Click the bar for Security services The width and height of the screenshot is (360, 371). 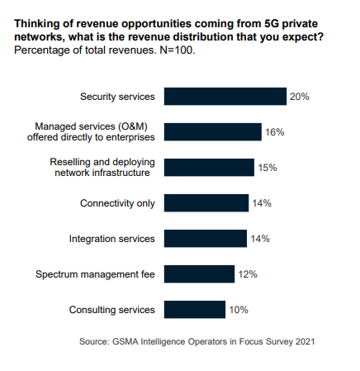(225, 97)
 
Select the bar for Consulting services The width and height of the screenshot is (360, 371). (195, 310)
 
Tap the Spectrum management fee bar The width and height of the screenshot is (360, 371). (200, 274)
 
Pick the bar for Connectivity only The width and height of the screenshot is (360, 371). (206, 203)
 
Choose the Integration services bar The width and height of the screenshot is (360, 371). (206, 239)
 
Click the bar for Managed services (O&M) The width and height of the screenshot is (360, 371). (212, 132)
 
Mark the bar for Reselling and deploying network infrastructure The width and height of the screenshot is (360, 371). (209, 168)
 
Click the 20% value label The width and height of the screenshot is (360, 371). (299, 97)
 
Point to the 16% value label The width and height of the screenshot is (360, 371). (273, 132)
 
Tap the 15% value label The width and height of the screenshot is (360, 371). (267, 168)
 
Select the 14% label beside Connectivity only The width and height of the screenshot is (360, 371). (262, 203)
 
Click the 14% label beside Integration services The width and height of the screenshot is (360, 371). (260, 239)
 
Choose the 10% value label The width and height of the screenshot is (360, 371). (238, 310)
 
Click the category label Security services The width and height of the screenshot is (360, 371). (117, 97)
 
